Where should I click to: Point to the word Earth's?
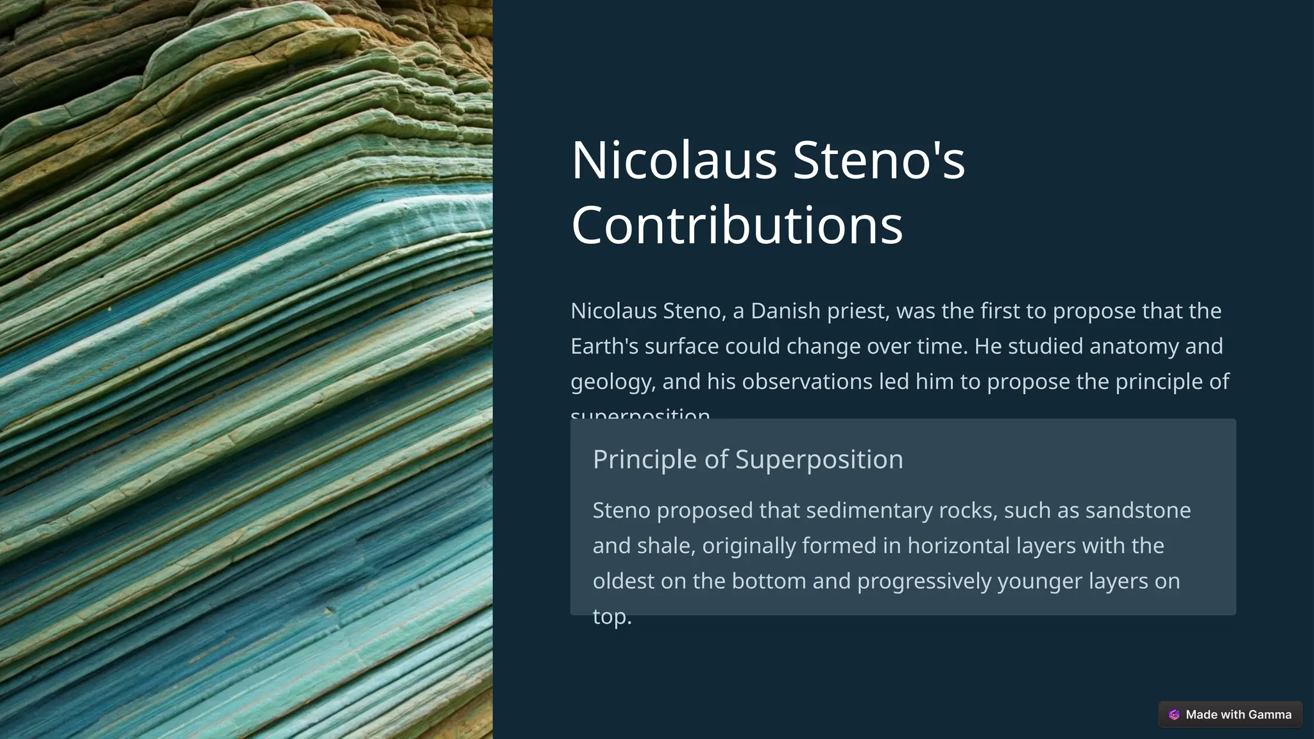[x=604, y=346]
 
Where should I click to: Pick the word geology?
[x=612, y=382]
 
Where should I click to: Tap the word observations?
[x=807, y=382]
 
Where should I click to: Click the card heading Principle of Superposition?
[x=747, y=459]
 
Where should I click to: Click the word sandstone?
[x=1138, y=511]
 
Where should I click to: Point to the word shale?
[x=667, y=546]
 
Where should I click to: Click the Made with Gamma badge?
[x=1230, y=715]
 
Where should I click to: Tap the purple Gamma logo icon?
[x=1174, y=715]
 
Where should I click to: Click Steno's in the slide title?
[x=878, y=160]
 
